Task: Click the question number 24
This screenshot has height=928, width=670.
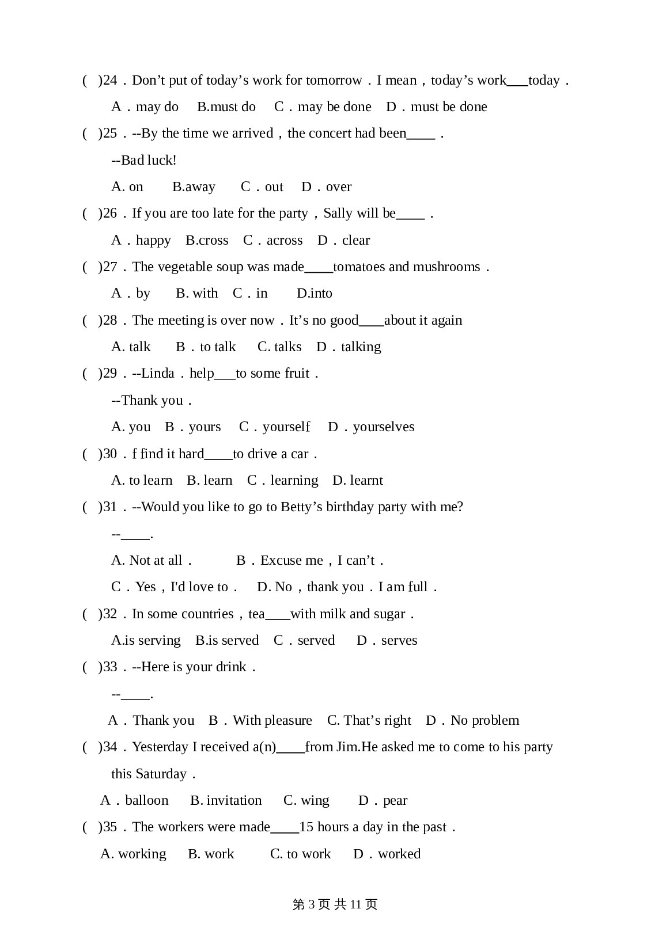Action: tap(109, 80)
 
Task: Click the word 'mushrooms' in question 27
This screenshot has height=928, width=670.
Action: tap(445, 267)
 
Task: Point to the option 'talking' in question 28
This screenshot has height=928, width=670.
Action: tap(361, 347)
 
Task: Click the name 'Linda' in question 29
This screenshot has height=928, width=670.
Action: tap(157, 373)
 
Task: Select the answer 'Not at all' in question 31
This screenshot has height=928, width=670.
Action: tap(156, 560)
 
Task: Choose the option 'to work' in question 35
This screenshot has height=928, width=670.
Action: tap(309, 854)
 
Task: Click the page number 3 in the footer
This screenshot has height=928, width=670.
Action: tap(312, 904)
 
